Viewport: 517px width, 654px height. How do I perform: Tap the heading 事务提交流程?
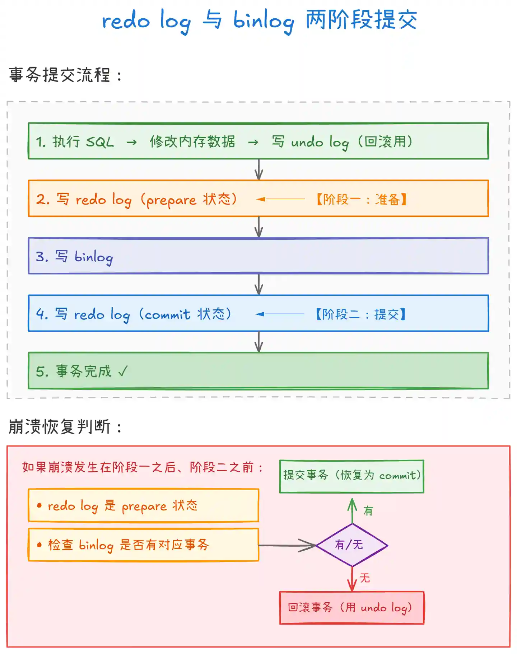click(60, 75)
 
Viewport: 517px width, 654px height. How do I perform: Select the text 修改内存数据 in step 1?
click(192, 142)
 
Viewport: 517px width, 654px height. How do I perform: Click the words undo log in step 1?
click(320, 143)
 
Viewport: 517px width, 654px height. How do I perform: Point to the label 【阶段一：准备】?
click(361, 199)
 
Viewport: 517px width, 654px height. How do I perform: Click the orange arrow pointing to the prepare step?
click(280, 199)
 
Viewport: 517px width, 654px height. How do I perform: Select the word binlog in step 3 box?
click(94, 257)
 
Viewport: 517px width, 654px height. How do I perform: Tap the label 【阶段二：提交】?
click(360, 314)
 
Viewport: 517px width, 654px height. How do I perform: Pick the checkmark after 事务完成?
click(123, 371)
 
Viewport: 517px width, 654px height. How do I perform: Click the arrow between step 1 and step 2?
click(259, 169)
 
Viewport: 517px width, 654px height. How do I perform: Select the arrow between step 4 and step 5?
click(259, 342)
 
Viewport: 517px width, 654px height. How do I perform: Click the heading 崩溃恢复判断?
click(60, 427)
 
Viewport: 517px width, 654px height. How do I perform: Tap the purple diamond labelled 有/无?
click(352, 545)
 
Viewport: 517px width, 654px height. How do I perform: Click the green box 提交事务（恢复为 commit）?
click(351, 476)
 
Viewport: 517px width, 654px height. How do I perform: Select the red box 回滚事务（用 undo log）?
click(351, 608)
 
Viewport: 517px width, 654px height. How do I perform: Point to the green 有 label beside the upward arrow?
click(368, 511)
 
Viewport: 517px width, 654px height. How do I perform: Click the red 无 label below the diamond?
click(365, 578)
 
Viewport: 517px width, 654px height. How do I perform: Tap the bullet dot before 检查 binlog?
click(39, 545)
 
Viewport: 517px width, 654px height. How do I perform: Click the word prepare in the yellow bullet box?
click(144, 506)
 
